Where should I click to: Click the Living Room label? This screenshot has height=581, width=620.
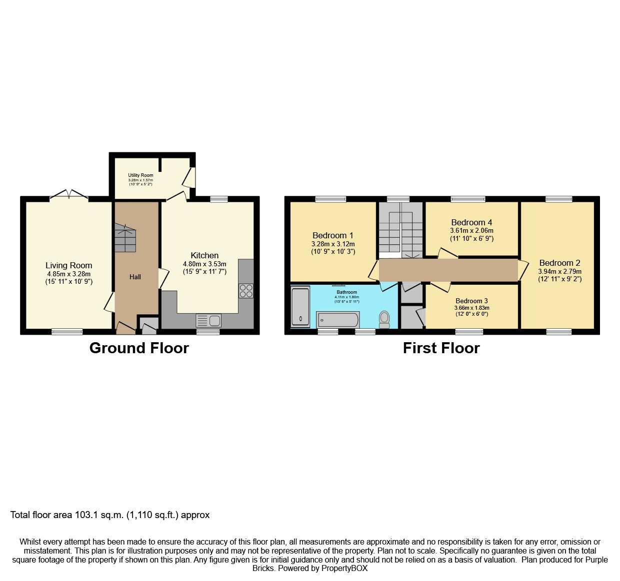68,265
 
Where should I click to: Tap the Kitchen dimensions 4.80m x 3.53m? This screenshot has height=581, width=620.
204,264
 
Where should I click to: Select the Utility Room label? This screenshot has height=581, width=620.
140,175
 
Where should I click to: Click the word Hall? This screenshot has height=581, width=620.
135,277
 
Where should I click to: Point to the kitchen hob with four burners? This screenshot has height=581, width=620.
246,291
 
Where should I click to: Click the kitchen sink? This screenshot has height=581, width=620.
208,320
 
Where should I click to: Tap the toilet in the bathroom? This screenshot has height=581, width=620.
384,320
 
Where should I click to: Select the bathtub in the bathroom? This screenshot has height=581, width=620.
338,320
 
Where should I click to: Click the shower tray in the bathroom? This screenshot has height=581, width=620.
300,307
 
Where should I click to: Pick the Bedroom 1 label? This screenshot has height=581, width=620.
333,235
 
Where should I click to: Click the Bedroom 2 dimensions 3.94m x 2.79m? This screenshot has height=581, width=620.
559,271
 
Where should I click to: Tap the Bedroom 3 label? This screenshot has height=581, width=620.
471,301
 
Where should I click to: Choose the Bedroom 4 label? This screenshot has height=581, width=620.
471,222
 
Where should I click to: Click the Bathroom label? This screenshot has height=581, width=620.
347,292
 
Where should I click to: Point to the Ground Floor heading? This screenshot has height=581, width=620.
139,348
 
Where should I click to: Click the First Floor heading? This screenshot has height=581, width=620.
441,348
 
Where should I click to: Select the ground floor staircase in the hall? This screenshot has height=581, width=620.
125,237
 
